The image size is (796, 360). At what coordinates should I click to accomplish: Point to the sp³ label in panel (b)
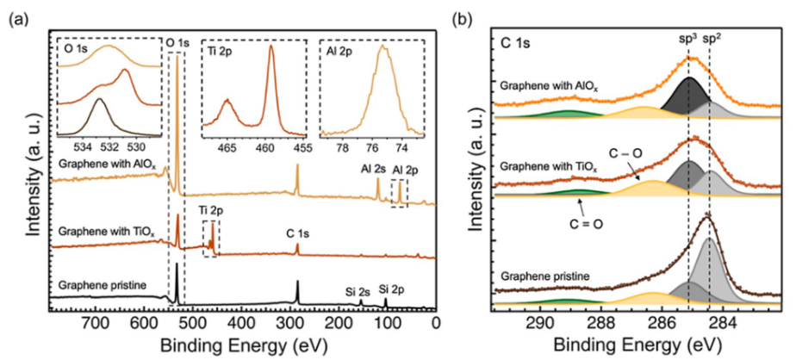tap(687, 40)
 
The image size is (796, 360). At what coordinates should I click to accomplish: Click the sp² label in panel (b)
tap(713, 40)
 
